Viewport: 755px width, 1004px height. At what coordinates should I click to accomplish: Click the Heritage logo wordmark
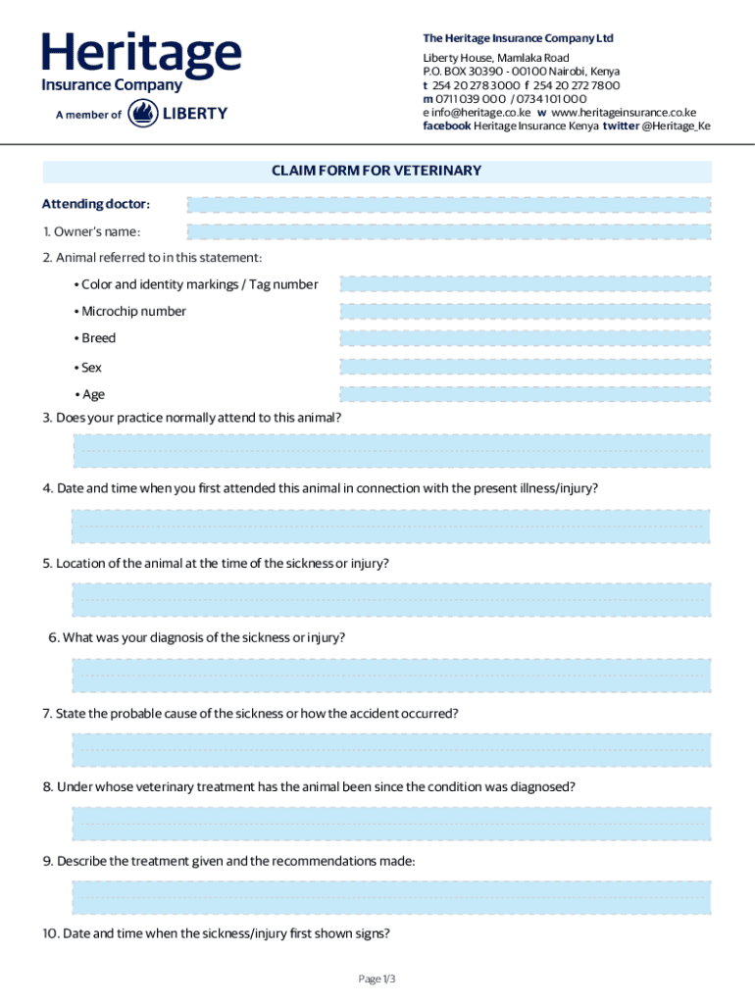(141, 55)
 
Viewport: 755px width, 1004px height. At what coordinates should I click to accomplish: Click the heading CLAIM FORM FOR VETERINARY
(377, 171)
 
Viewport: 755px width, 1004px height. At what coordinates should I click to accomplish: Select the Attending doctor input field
(448, 205)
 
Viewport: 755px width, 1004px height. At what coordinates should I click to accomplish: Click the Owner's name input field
(448, 232)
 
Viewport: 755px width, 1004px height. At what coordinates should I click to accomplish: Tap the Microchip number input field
(525, 312)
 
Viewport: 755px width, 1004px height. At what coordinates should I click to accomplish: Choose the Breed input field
(525, 338)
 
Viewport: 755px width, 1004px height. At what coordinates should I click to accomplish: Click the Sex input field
(525, 368)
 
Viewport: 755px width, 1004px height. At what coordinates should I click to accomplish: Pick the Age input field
(525, 395)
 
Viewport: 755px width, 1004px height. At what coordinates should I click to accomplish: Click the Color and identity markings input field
(525, 284)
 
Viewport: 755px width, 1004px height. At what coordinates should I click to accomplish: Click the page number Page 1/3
(377, 979)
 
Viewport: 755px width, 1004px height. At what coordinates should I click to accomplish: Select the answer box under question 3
(390, 452)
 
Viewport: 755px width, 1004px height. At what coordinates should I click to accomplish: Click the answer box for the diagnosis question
(390, 675)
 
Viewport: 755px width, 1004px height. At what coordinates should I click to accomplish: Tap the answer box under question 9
(390, 897)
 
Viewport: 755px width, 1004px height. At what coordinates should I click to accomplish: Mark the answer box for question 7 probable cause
(390, 749)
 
